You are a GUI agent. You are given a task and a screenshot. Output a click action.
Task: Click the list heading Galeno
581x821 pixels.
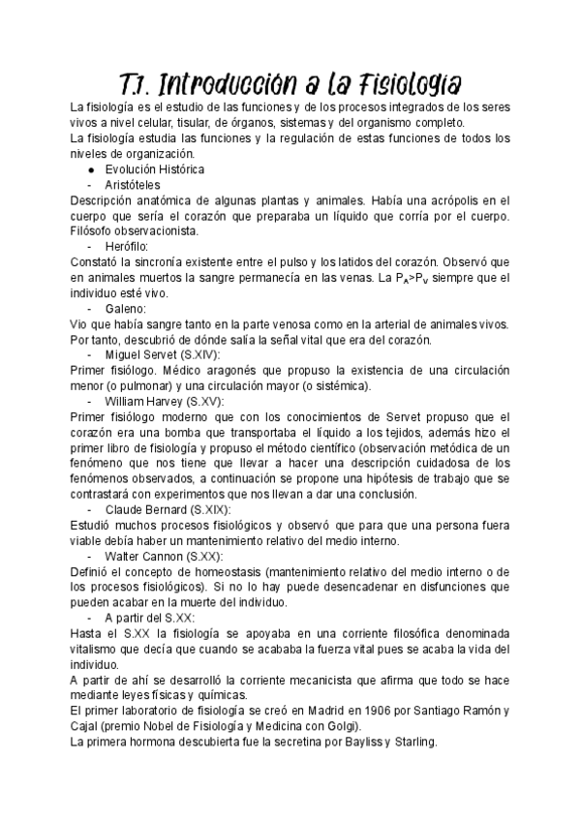(x=127, y=308)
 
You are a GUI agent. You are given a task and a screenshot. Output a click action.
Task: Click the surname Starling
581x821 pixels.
(x=412, y=743)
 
